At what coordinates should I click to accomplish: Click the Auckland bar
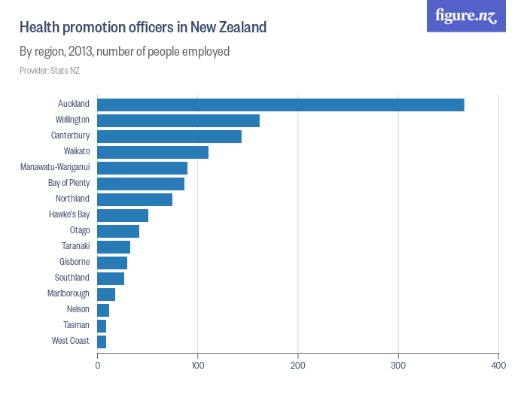280,105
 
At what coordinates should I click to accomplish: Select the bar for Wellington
178,120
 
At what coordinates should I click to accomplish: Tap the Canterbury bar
169,136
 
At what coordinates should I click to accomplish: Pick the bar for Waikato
153,152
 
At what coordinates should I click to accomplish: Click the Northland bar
135,199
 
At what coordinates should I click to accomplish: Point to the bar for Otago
118,231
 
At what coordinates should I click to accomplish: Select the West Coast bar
102,342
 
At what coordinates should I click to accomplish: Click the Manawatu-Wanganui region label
55,168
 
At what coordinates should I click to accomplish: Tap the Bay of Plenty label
69,184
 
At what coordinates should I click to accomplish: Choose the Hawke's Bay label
69,215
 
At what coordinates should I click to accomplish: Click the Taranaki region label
75,247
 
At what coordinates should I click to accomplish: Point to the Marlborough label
69,294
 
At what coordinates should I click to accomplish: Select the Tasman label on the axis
77,326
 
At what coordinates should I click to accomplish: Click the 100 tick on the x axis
197,366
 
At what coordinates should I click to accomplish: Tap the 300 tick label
398,366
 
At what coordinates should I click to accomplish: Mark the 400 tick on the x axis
498,366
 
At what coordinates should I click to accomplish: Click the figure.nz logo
466,17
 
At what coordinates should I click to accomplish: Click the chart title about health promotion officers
143,28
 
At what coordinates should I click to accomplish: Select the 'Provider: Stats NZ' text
49,71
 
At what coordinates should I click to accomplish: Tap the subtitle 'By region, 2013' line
124,52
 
